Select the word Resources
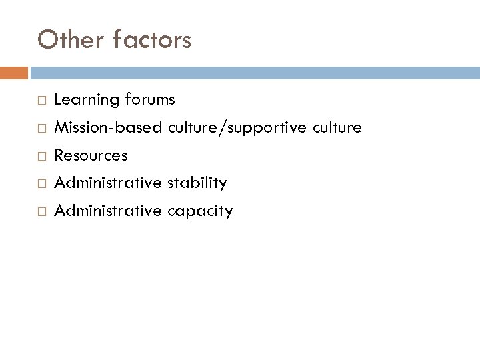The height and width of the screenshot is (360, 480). tap(91, 155)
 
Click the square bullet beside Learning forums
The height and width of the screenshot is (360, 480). tap(40, 101)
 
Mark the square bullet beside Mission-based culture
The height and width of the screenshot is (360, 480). tap(40, 128)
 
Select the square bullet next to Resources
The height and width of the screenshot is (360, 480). tap(40, 156)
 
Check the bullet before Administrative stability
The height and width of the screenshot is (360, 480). tap(40, 183)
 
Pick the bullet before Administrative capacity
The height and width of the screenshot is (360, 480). tap(40, 212)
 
